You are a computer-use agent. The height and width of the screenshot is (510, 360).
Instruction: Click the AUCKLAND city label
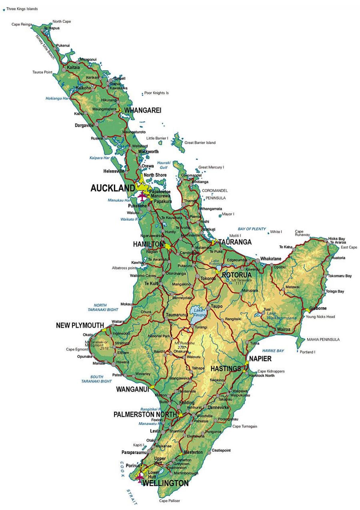[112, 188]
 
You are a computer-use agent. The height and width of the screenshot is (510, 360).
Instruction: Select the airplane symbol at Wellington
[140, 477]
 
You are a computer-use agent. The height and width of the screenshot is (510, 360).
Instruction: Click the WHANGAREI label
[143, 110]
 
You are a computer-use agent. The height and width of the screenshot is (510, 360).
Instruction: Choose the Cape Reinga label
[22, 25]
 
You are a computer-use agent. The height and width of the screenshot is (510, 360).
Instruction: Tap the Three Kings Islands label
[22, 9]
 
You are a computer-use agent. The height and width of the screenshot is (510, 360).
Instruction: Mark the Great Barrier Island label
[200, 143]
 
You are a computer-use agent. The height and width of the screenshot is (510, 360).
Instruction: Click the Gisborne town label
[318, 308]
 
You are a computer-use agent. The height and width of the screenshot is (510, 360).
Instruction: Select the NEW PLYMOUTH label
[80, 325]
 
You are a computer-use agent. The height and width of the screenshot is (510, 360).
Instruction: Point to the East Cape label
[349, 247]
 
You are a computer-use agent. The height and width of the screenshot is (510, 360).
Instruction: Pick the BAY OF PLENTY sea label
[252, 229]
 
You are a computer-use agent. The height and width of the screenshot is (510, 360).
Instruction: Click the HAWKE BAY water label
[273, 350]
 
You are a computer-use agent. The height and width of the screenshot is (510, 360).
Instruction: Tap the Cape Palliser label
[169, 501]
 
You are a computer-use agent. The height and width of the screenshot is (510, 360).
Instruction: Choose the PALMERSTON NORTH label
[145, 414]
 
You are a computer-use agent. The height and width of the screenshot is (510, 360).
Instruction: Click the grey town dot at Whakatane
[258, 261]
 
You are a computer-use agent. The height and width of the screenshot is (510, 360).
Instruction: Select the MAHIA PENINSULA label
[323, 339]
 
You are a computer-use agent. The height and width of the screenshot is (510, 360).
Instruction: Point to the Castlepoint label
[221, 450]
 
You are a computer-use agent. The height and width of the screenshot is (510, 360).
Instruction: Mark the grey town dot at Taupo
[208, 307]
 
